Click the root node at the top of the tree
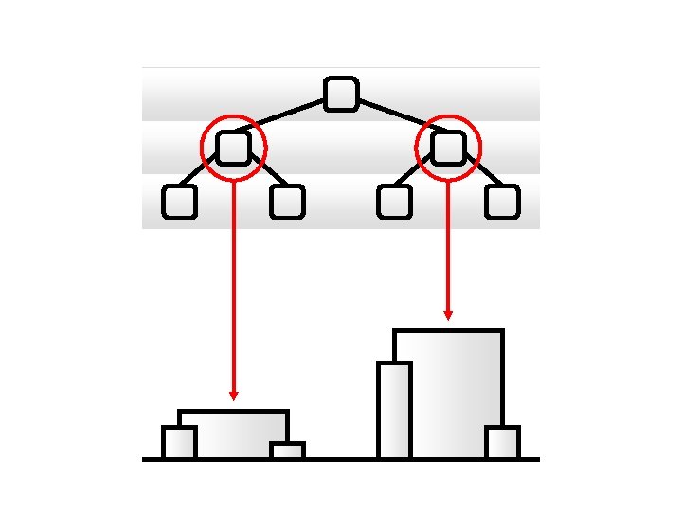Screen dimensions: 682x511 (x=341, y=94)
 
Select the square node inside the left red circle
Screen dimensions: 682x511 (x=233, y=148)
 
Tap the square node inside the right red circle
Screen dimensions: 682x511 (x=449, y=148)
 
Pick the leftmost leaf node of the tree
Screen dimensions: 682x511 (x=179, y=202)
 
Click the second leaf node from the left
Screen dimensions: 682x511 (x=287, y=202)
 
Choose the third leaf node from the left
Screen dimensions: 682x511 (x=395, y=202)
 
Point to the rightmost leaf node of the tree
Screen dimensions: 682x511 (x=503, y=202)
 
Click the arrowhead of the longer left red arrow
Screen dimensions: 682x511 (x=234, y=395)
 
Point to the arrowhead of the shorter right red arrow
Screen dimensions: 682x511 (x=448, y=314)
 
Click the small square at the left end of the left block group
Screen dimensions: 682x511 (x=179, y=443)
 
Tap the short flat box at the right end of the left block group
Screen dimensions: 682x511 (x=287, y=450)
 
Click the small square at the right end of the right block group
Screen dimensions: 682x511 (x=502, y=443)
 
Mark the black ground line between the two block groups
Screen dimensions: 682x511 (x=341, y=459)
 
